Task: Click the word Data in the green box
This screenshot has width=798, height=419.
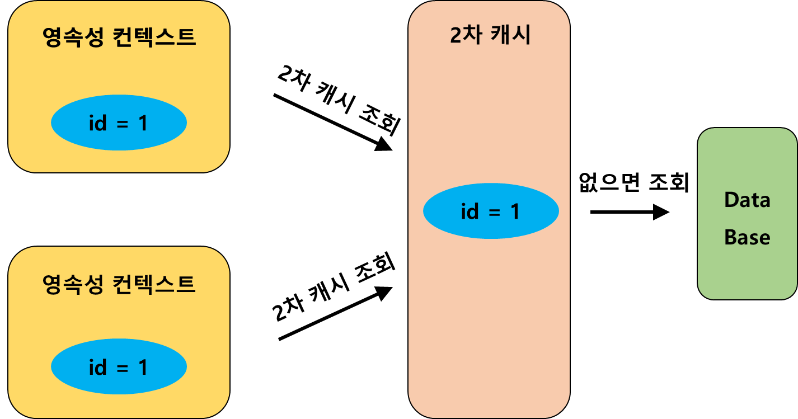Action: (x=747, y=200)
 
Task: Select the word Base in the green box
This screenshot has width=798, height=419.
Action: (x=747, y=237)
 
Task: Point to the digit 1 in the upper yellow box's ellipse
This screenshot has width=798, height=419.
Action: (x=143, y=123)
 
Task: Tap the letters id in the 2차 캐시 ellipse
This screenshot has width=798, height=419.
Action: (x=470, y=211)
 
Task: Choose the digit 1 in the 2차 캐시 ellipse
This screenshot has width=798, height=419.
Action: (x=515, y=211)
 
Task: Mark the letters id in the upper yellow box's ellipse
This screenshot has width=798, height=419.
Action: (x=97, y=123)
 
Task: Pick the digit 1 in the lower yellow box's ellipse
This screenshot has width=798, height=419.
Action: (x=143, y=368)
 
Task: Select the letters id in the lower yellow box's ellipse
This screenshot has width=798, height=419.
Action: (x=97, y=368)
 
